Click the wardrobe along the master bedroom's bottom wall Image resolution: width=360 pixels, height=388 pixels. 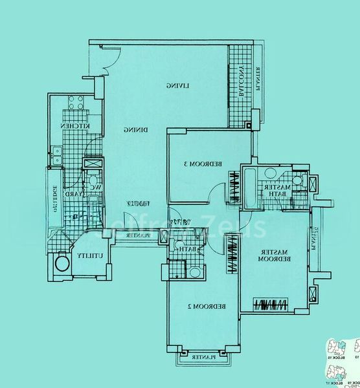[271, 304]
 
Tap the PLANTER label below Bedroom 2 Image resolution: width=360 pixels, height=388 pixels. [203, 357]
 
